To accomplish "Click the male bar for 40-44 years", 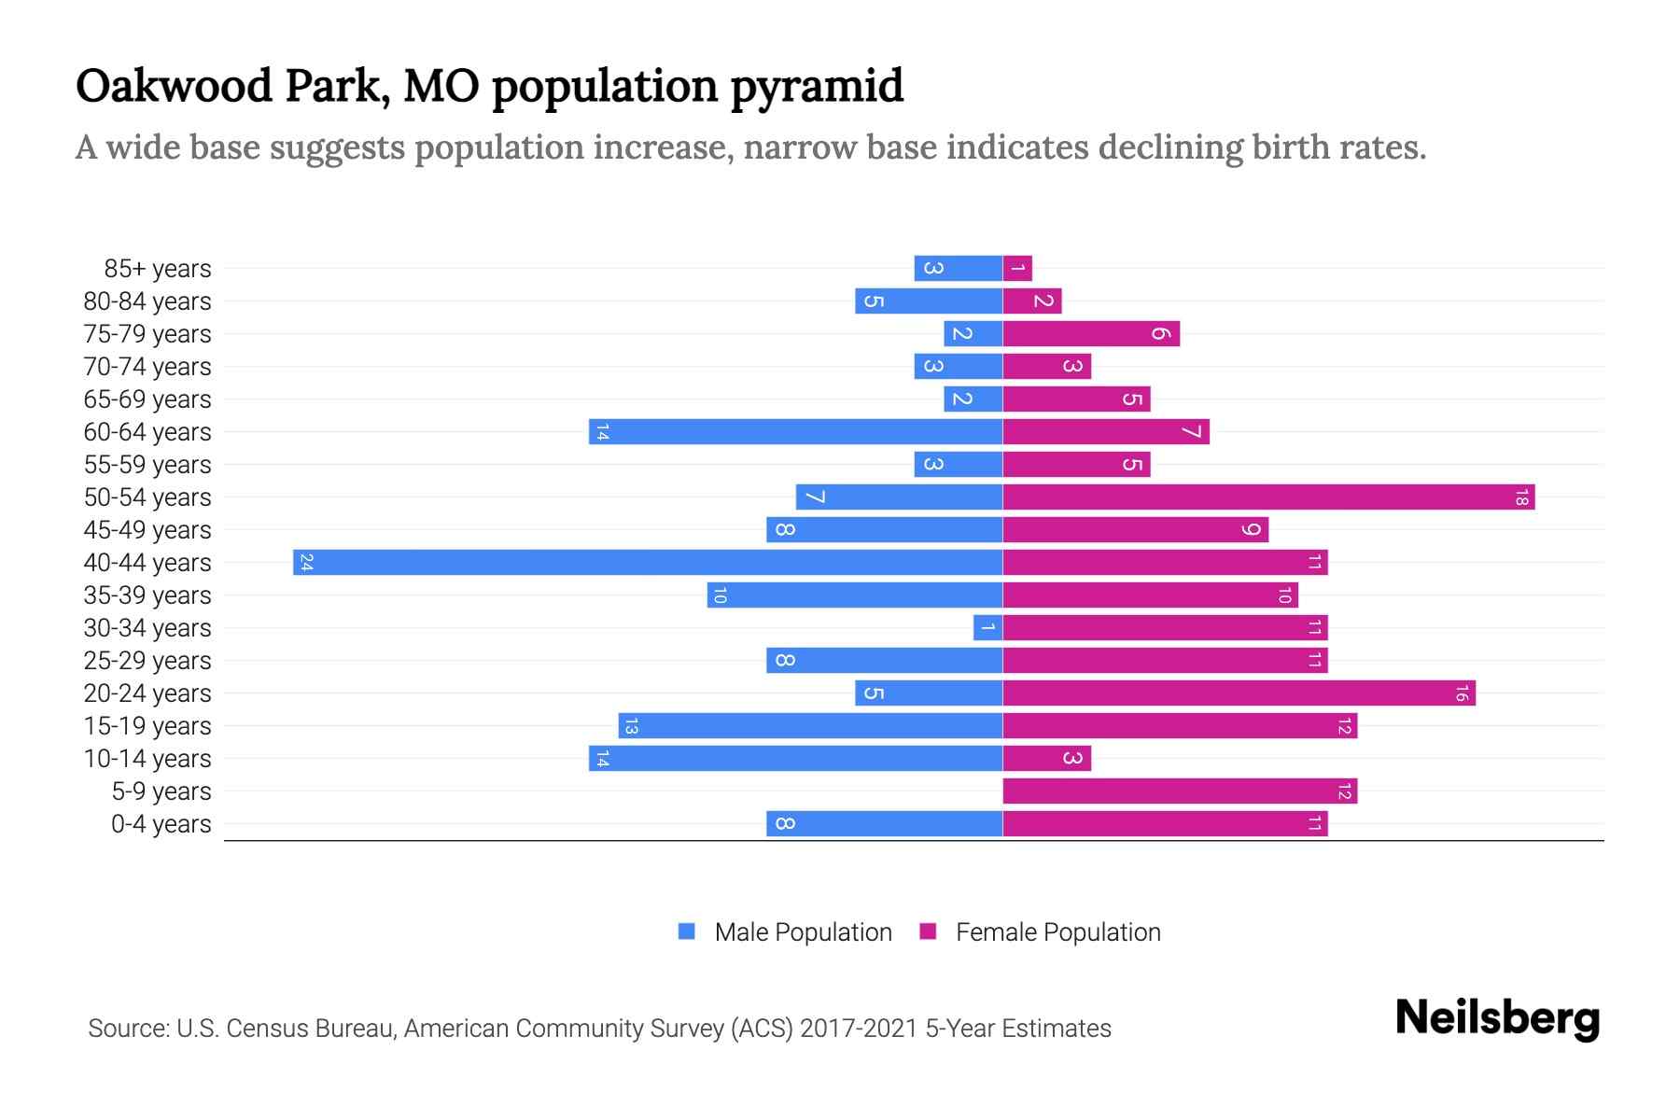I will [648, 563].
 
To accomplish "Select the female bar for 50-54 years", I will [1268, 497].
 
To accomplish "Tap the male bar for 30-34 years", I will [987, 628].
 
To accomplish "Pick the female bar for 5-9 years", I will [1180, 791].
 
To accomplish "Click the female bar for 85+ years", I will [1017, 269].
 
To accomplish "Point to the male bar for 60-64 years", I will [795, 432].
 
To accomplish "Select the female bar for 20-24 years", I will [1239, 693].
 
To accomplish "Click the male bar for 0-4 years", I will [884, 824].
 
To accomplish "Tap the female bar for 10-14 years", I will [1046, 759].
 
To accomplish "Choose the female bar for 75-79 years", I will [1091, 334].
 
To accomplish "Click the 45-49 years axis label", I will [147, 530].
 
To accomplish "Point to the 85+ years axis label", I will [158, 269].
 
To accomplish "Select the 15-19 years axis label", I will [147, 726].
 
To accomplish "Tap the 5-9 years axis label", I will [161, 791].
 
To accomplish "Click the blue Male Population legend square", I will [687, 931].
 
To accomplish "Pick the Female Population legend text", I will [1057, 932].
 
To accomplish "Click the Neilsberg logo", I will [1497, 1018].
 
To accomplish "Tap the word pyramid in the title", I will [817, 86].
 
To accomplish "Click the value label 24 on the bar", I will [306, 563].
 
